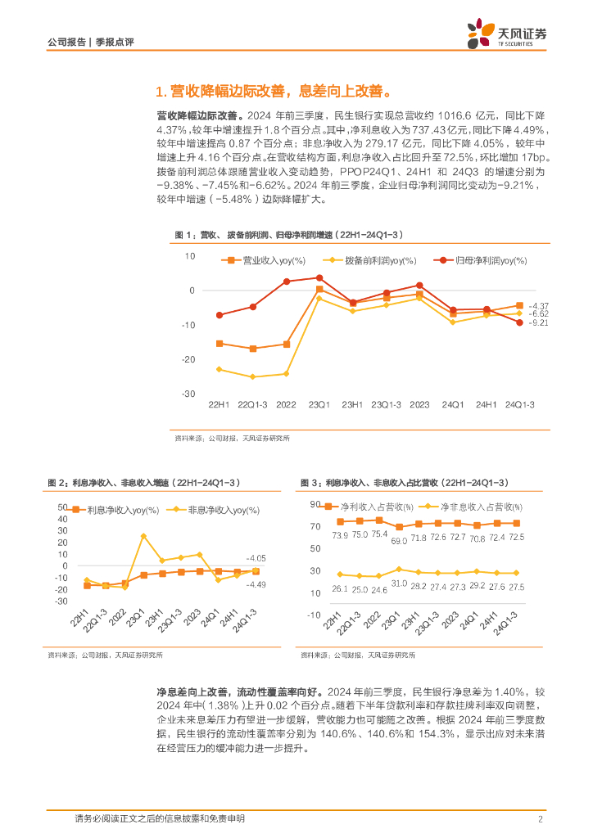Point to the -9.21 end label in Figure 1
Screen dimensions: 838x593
coord(538,323)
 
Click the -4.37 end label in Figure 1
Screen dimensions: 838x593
coord(538,305)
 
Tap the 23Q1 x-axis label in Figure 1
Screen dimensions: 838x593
coord(319,405)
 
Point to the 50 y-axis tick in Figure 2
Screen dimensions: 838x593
coord(62,507)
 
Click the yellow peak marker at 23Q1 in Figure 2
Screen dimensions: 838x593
coord(143,536)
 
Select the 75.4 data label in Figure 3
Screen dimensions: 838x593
coord(380,536)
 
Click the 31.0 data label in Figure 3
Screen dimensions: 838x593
coord(399,583)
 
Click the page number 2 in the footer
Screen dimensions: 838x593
coord(541,819)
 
